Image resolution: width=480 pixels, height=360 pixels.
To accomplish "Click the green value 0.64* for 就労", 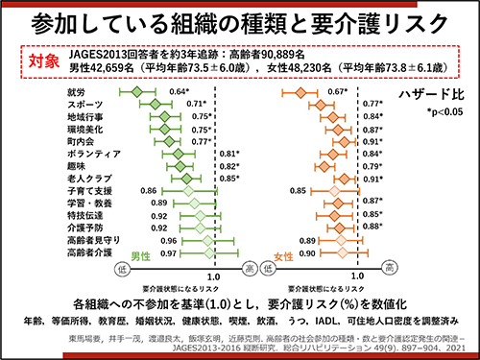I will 179,91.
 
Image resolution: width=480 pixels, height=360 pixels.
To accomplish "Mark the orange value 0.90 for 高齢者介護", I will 307,253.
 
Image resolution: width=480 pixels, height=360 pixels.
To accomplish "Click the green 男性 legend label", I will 142,259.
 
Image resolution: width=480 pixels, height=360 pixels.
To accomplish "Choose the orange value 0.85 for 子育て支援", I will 298,191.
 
